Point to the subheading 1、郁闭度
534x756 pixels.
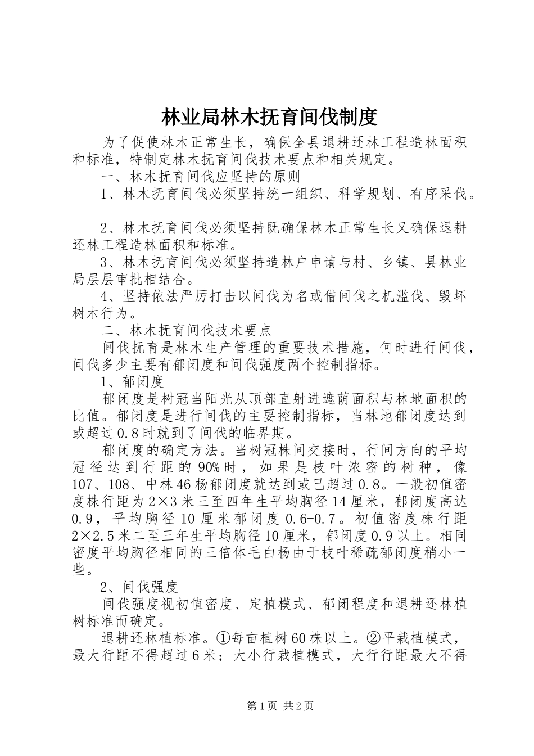pos(132,381)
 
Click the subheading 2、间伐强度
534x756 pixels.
pos(138,587)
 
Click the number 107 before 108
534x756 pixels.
pos(84,485)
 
